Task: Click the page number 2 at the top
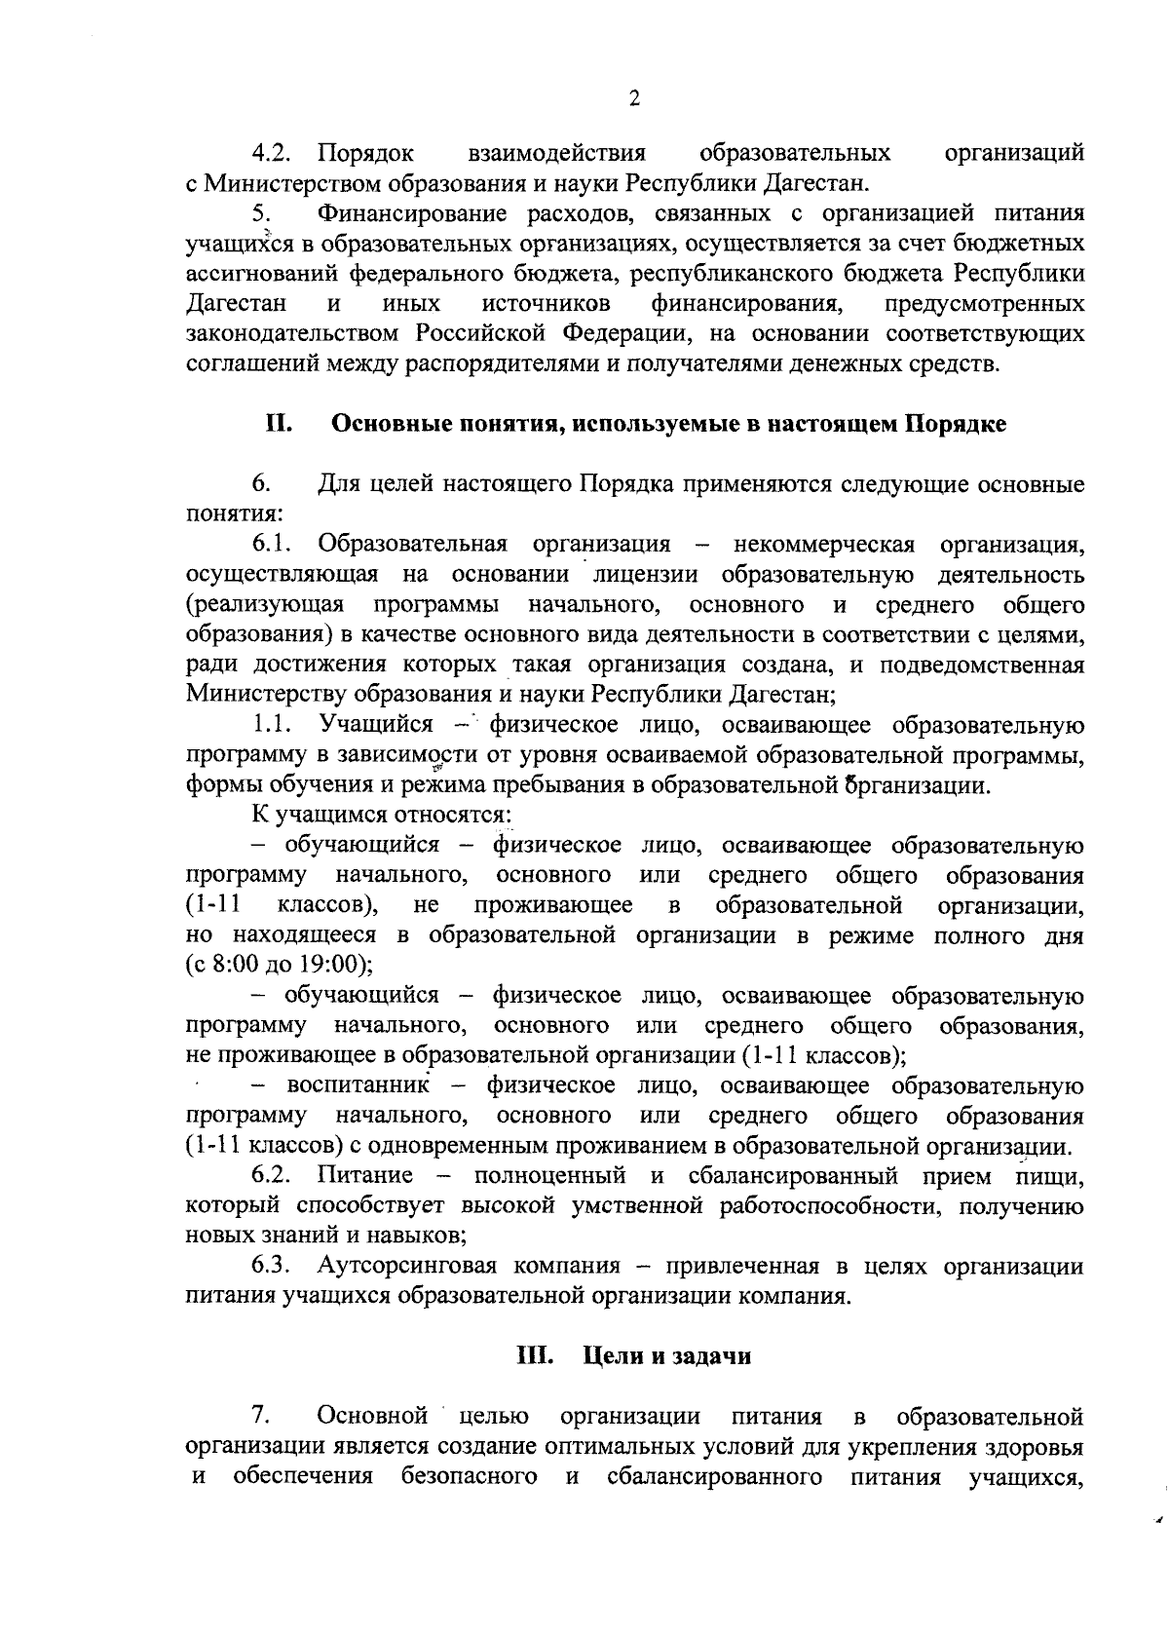pyautogui.click(x=634, y=98)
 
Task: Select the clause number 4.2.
pyautogui.click(x=272, y=153)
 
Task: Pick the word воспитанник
pyautogui.click(x=360, y=1085)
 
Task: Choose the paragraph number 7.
pyautogui.click(x=260, y=1414)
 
